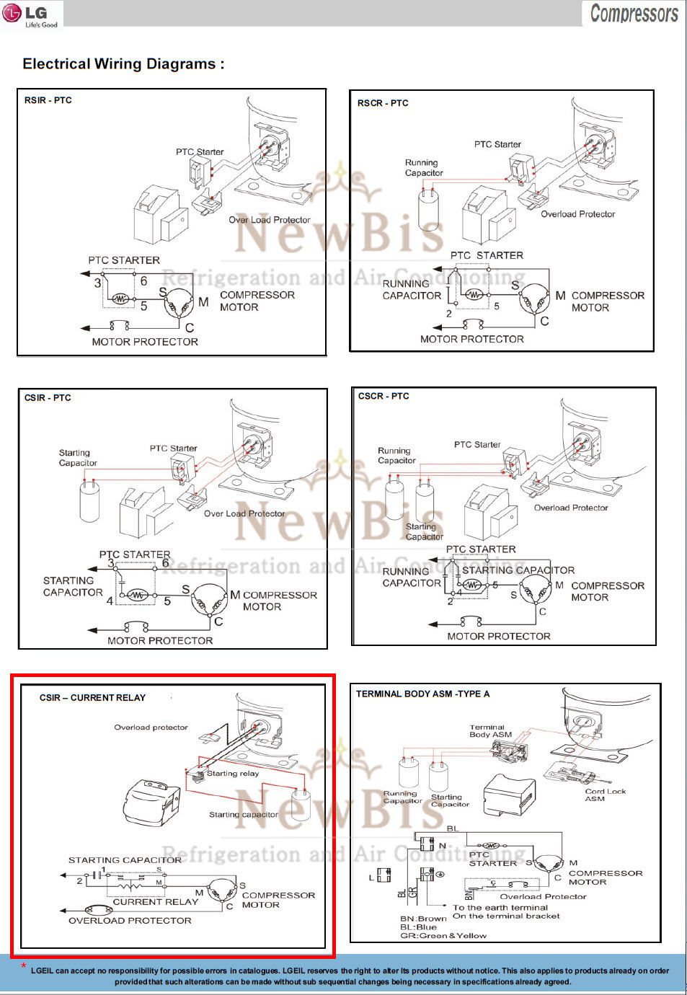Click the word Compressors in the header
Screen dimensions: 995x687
pyautogui.click(x=634, y=14)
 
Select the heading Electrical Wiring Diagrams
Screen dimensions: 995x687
pyautogui.click(x=123, y=64)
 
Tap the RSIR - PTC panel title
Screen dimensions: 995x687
pyautogui.click(x=48, y=100)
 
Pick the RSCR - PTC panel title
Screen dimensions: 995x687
pyautogui.click(x=383, y=103)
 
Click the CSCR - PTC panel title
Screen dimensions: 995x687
pyautogui.click(x=384, y=396)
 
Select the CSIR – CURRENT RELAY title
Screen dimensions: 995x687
pyautogui.click(x=92, y=697)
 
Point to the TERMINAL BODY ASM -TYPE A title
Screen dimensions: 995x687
pyautogui.click(x=422, y=694)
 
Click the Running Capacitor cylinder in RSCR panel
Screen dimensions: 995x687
pyautogui.click(x=429, y=210)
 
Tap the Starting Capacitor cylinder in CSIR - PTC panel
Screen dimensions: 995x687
pyautogui.click(x=89, y=500)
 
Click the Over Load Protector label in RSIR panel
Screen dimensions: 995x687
pyautogui.click(x=270, y=220)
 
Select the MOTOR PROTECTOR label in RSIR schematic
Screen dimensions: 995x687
pyautogui.click(x=145, y=342)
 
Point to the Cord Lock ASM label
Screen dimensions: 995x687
pyautogui.click(x=605, y=795)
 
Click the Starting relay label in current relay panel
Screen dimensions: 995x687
pyautogui.click(x=232, y=773)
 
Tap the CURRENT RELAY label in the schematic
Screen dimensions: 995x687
pyautogui.click(x=155, y=902)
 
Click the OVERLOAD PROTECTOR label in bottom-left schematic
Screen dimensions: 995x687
pyautogui.click(x=130, y=921)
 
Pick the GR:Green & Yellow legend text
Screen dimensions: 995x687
pyautogui.click(x=443, y=936)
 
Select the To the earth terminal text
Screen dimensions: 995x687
pyautogui.click(x=500, y=907)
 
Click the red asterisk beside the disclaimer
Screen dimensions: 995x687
pyautogui.click(x=24, y=966)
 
